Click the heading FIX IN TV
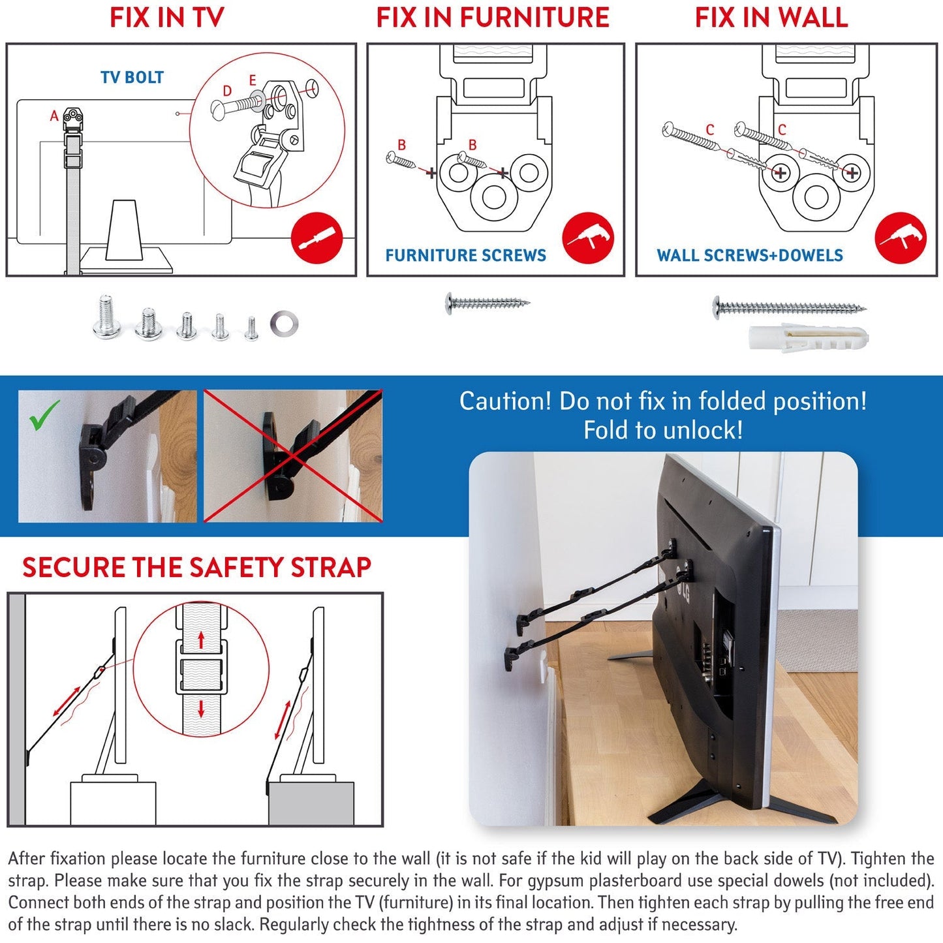tap(166, 18)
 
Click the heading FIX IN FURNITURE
tap(493, 18)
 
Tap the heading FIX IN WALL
tap(771, 18)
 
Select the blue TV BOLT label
tap(132, 78)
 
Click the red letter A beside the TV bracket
tap(54, 116)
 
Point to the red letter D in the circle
tap(227, 91)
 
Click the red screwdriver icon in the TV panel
tap(317, 238)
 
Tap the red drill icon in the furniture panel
tap(588, 238)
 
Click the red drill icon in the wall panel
tap(901, 238)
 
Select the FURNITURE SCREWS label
tap(465, 255)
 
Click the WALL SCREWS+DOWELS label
tap(750, 255)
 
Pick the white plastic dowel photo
tap(808, 337)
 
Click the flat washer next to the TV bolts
tap(285, 324)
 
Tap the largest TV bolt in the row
tap(106, 318)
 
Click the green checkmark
tap(45, 415)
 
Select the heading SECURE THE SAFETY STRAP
tap(196, 567)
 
